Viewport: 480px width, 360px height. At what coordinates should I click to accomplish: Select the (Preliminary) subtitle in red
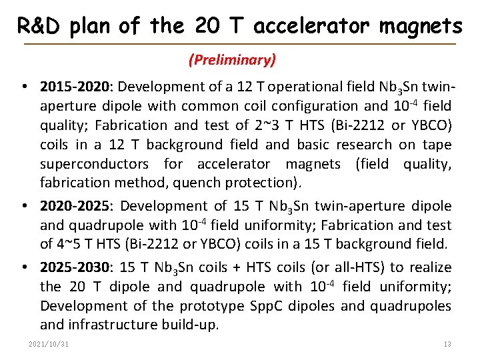tap(232, 60)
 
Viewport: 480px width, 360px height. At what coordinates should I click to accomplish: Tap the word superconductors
tap(97, 164)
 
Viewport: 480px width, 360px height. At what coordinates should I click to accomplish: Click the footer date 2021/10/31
tap(49, 344)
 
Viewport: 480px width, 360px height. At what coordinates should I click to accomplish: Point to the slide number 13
tap(447, 344)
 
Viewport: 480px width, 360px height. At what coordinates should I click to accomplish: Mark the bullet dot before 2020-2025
tap(23, 207)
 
